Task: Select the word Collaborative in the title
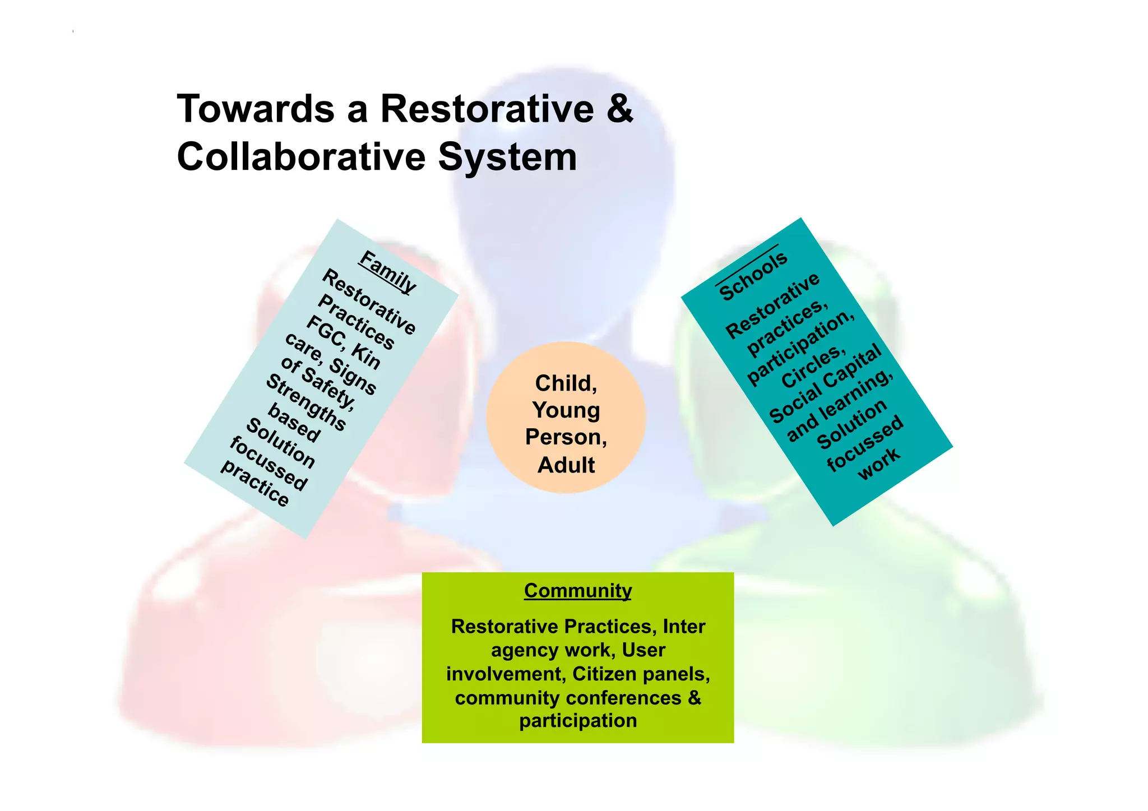(x=301, y=157)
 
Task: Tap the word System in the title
(x=507, y=158)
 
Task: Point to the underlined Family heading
(x=388, y=271)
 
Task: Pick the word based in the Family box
(x=294, y=423)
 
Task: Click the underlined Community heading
(x=577, y=591)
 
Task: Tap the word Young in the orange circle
(x=566, y=410)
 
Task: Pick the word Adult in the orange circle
(x=566, y=465)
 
